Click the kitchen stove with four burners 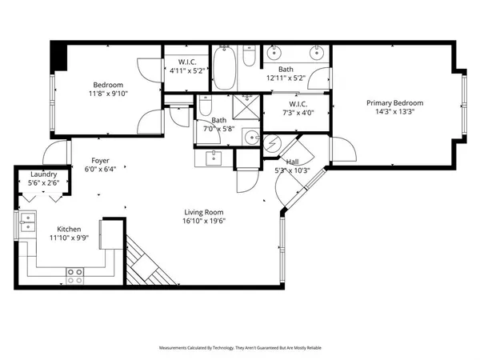click(75, 276)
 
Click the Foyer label click(100, 160)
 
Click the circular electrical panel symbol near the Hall click(273, 144)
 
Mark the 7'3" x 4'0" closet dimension click(295, 113)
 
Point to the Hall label click(292, 161)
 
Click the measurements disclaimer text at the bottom click(240, 349)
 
